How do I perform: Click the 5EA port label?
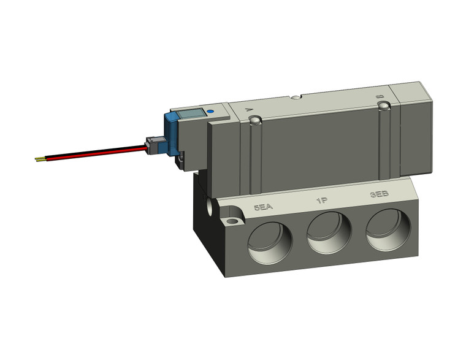(262, 207)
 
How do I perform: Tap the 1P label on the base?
(321, 201)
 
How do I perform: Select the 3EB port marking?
(379, 194)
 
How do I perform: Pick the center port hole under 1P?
(329, 234)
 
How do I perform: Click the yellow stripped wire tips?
(39, 159)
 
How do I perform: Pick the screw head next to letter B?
(384, 107)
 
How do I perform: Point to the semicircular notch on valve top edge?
(296, 97)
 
